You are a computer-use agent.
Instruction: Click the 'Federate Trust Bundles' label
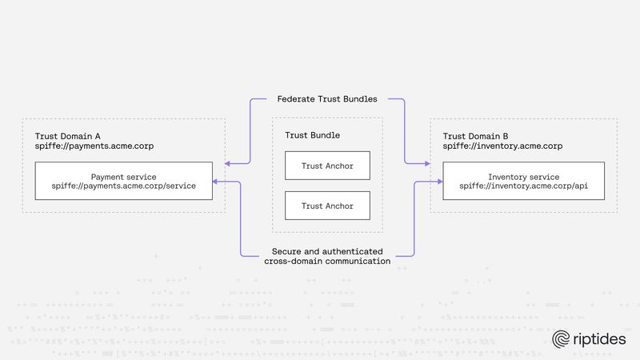click(x=327, y=99)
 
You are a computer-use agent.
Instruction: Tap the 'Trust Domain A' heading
click(x=68, y=137)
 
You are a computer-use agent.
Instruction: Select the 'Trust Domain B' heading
click(x=476, y=137)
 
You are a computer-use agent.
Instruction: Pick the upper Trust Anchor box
click(x=327, y=166)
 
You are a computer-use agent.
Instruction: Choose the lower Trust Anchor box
click(x=327, y=206)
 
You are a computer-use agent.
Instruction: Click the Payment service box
click(x=123, y=181)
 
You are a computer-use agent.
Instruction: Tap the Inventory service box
click(x=524, y=181)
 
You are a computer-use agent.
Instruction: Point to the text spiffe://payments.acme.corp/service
click(x=123, y=186)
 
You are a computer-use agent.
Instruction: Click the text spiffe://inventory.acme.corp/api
click(x=524, y=186)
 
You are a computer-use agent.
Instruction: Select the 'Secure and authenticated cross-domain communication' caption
click(x=327, y=256)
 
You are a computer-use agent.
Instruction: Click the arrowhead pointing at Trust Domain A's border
click(x=229, y=163)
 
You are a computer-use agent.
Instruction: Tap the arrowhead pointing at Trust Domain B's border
click(x=426, y=163)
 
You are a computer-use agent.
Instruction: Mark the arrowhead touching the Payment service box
click(x=217, y=183)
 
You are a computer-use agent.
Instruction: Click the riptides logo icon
click(x=561, y=339)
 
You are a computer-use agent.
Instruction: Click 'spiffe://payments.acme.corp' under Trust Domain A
click(x=94, y=147)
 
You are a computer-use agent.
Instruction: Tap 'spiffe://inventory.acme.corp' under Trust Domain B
click(x=503, y=147)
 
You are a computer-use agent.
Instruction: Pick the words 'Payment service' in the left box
click(x=123, y=175)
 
